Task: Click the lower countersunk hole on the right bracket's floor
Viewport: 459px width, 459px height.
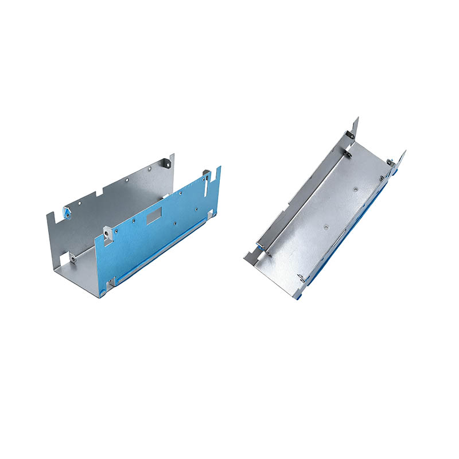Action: [325, 227]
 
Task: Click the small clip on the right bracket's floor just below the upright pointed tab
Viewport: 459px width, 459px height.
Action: [348, 153]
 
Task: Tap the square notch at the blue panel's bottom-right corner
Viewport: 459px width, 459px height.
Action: [211, 214]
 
